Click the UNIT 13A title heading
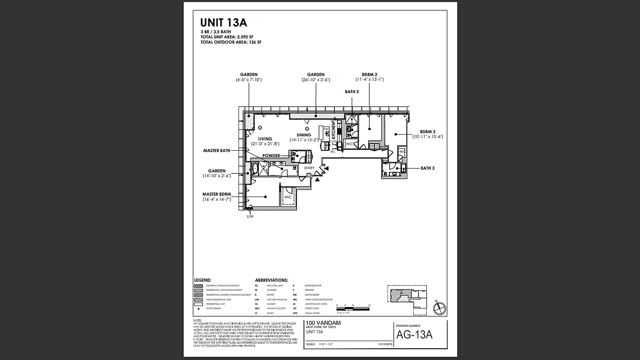click(x=223, y=23)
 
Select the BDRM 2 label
click(x=369, y=75)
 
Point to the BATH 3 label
click(x=428, y=168)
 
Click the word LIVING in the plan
click(x=265, y=139)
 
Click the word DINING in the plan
click(x=304, y=135)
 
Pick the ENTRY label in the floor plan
click(x=309, y=168)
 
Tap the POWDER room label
click(x=271, y=156)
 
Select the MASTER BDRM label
click(x=216, y=194)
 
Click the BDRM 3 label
click(x=428, y=132)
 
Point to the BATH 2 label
click(x=352, y=92)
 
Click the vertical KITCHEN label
click(x=334, y=131)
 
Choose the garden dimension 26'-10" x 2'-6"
click(x=315, y=80)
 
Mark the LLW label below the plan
click(x=250, y=216)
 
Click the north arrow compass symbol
click(x=439, y=309)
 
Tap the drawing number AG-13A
click(x=414, y=335)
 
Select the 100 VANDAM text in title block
click(x=323, y=323)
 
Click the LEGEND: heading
click(x=203, y=280)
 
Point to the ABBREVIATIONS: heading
click(x=271, y=280)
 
